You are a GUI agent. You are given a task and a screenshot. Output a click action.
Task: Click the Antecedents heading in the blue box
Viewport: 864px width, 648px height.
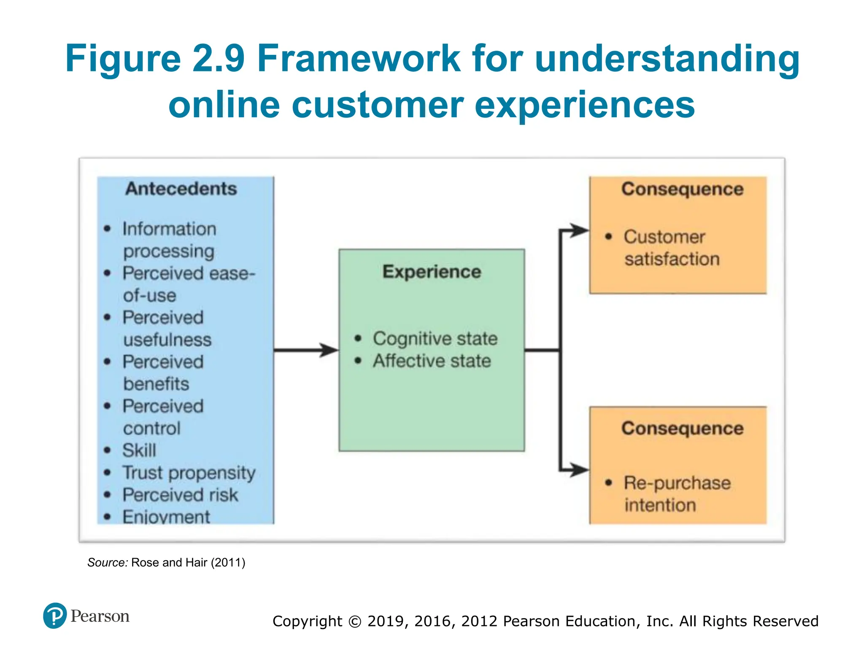[x=181, y=189]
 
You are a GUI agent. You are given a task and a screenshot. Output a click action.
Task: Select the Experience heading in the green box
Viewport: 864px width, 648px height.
[x=432, y=272]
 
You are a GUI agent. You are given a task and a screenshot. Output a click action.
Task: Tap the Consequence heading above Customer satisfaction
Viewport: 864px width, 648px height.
[x=682, y=189]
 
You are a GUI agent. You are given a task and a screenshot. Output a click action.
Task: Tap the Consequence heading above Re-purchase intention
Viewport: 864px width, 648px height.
[x=682, y=428]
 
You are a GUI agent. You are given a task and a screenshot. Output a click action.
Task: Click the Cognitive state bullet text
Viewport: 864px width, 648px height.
[x=435, y=339]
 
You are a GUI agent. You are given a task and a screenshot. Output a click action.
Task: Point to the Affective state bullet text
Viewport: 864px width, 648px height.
[x=432, y=361]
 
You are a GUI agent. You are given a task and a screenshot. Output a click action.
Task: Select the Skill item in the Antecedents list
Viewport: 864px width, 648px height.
[x=139, y=450]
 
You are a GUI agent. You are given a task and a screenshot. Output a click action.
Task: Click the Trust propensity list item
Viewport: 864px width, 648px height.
[x=189, y=473]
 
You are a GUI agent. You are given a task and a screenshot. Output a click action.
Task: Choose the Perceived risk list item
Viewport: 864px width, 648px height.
[x=180, y=495]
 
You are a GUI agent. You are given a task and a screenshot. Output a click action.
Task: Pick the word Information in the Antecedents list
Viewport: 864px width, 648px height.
[x=169, y=229]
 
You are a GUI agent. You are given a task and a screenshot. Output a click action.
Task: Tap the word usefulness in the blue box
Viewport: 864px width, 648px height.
[x=167, y=340]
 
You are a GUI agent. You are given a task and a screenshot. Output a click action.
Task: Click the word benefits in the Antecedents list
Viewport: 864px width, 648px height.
[x=156, y=384]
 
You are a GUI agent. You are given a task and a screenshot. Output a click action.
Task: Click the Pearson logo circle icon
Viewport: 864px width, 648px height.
[x=55, y=616]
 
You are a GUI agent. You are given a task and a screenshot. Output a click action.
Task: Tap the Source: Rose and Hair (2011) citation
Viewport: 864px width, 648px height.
[x=166, y=562]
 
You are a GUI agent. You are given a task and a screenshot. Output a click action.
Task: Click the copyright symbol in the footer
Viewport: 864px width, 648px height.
[x=355, y=621]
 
